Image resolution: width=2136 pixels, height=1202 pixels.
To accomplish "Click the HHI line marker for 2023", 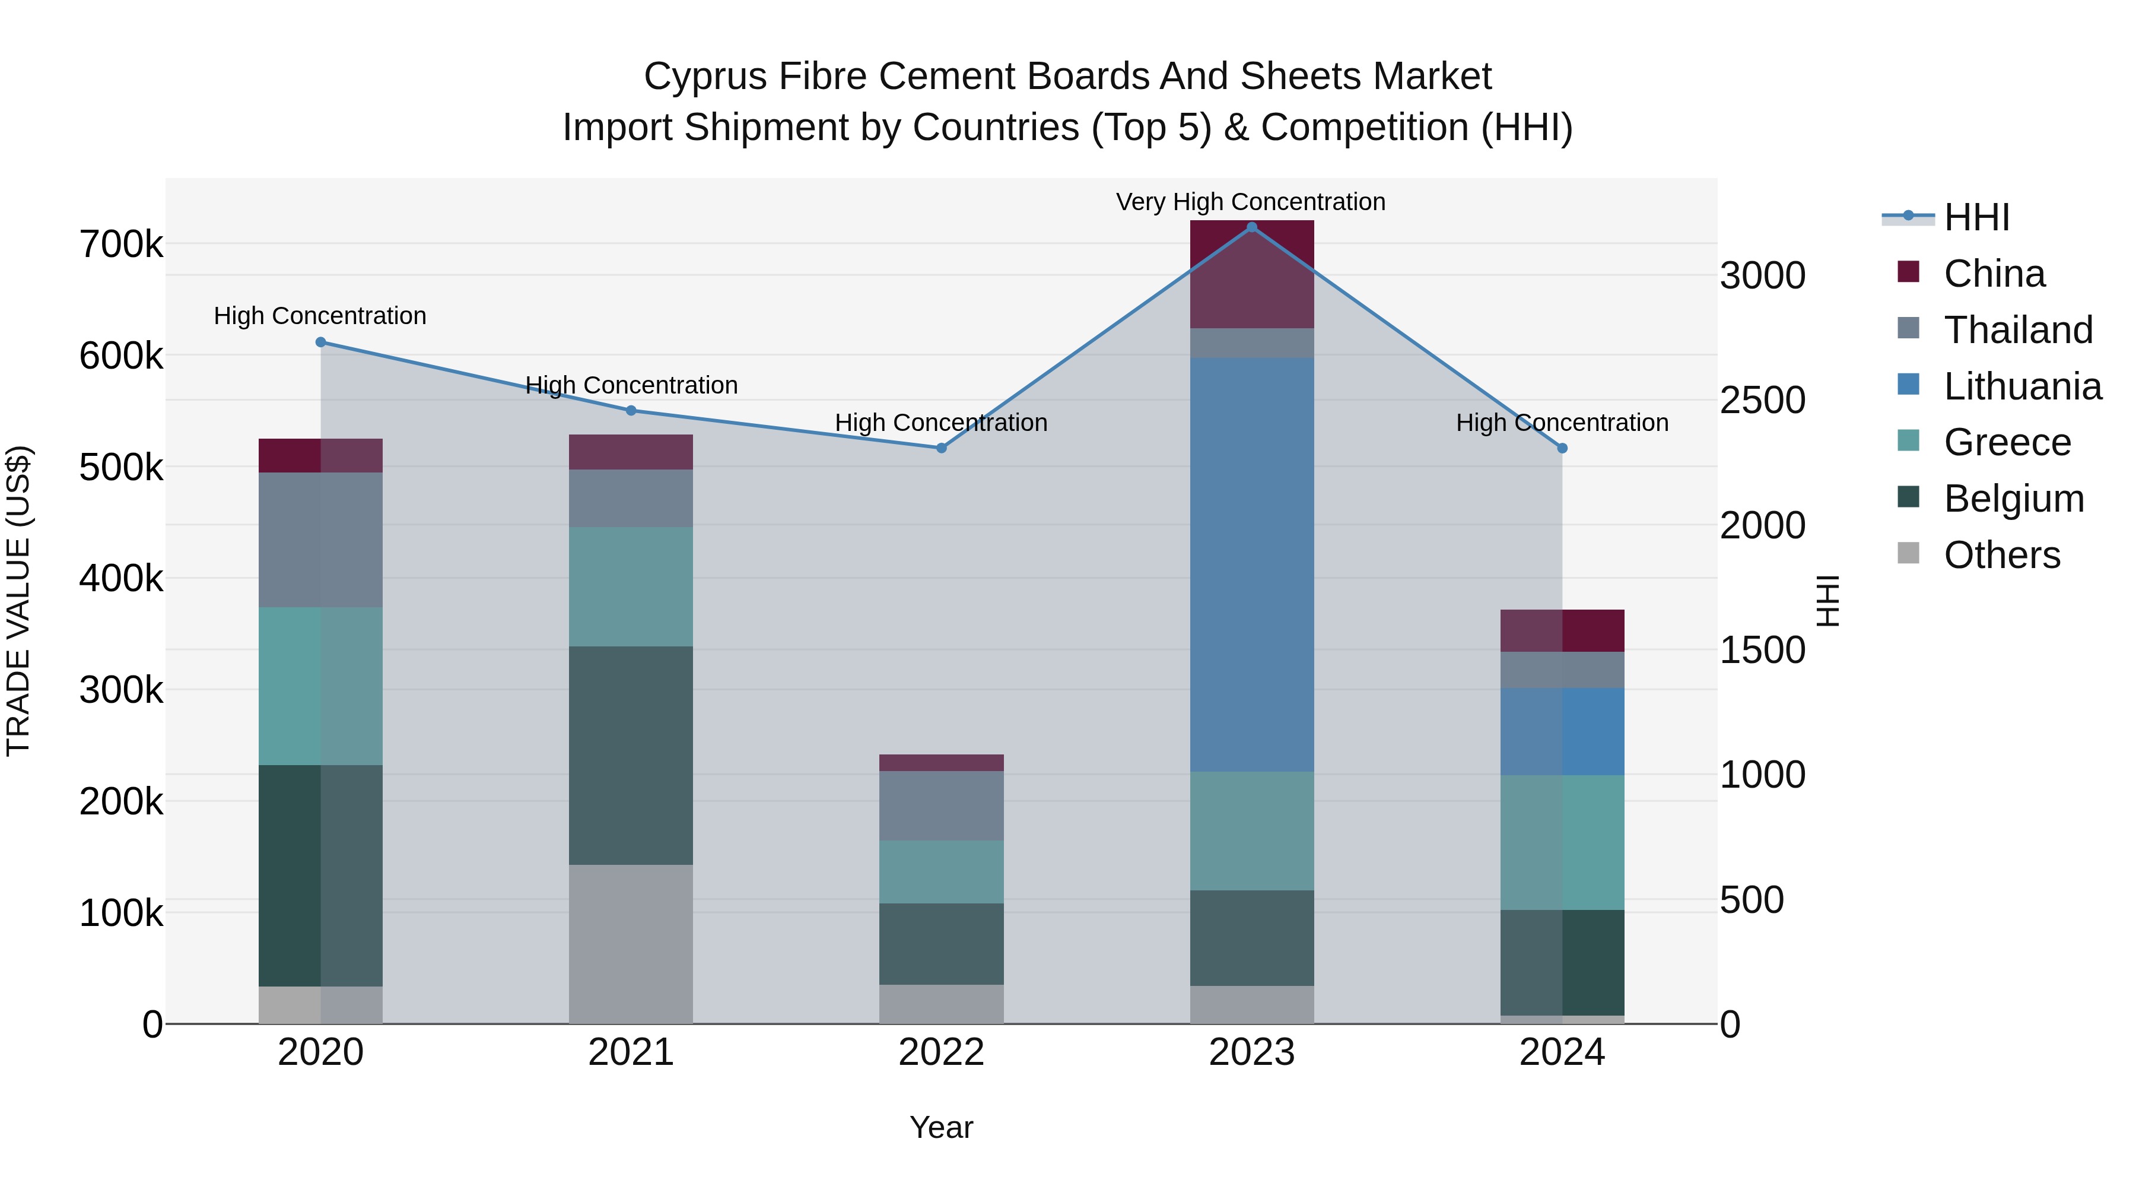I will pos(1252,227).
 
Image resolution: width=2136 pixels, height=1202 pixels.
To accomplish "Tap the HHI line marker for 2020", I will pos(321,342).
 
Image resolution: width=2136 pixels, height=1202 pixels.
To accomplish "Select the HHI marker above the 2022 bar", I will pos(941,448).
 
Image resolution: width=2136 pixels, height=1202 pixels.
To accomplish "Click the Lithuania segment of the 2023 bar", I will pos(1252,564).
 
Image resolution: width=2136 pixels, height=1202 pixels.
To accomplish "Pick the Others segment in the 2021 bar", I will pos(631,944).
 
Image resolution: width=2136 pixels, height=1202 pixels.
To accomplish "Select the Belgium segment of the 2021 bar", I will pos(631,755).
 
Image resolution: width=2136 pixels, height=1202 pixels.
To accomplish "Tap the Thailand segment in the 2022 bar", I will pos(941,805).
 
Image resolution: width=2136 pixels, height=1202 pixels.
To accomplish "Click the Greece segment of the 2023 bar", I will pos(1252,831).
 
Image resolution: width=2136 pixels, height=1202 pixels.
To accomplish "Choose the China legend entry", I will pos(1994,274).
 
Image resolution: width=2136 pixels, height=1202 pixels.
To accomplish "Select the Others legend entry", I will pos(2002,555).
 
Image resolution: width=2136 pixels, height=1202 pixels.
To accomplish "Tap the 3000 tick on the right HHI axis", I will pos(1762,275).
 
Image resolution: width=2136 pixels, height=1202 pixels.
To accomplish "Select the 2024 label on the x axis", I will pos(1562,1052).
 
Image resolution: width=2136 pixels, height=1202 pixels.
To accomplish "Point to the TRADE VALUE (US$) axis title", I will pos(18,601).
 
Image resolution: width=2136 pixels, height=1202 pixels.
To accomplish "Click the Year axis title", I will pos(941,1127).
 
